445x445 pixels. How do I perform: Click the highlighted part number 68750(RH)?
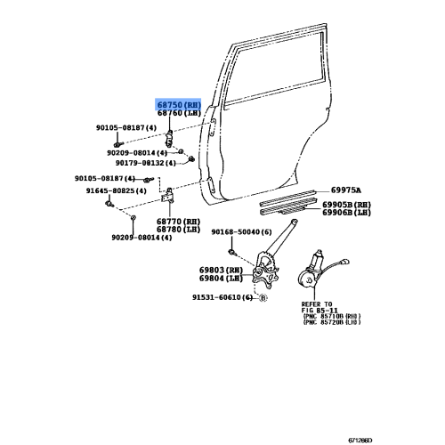(180, 104)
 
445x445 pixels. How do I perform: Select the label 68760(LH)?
(180, 114)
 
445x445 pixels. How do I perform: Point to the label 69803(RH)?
(221, 270)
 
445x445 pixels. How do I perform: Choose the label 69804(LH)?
(221, 279)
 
